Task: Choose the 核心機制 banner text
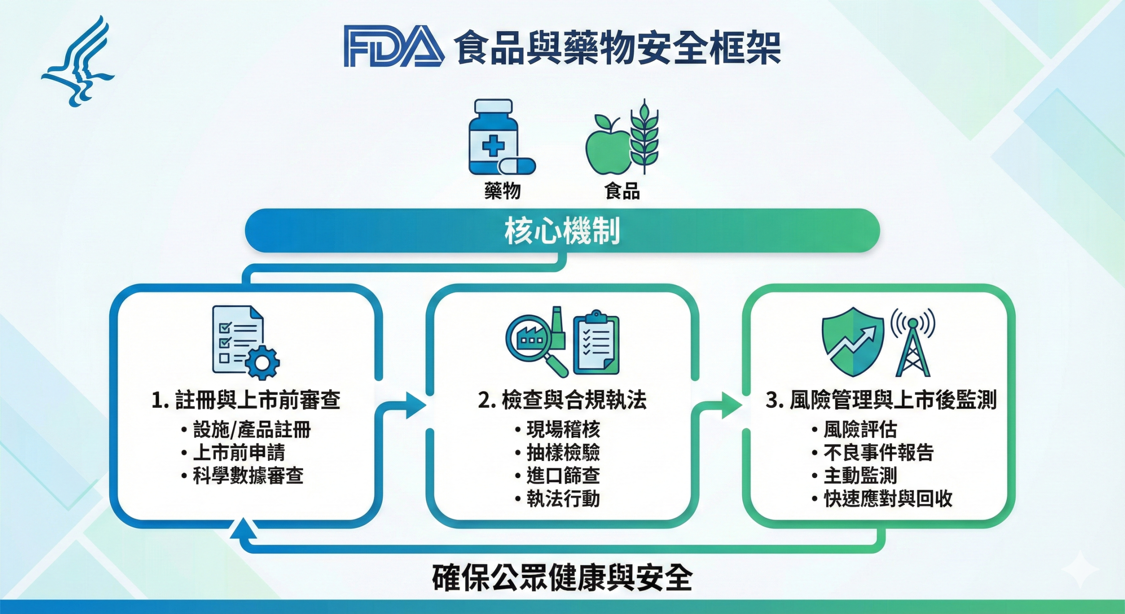click(x=562, y=230)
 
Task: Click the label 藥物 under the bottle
click(x=502, y=191)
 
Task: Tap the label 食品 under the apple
click(x=622, y=191)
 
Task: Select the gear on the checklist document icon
click(x=262, y=362)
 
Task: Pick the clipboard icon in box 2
click(x=596, y=343)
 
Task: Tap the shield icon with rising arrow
click(x=853, y=341)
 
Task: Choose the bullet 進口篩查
click(x=563, y=475)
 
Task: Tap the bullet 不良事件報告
click(x=878, y=452)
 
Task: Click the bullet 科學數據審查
click(x=248, y=475)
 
